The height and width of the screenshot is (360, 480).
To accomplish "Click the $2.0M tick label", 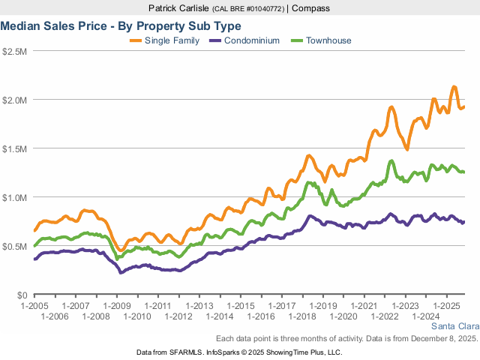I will click(x=15, y=100).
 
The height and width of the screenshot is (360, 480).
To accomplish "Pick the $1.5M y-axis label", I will click(x=15, y=148).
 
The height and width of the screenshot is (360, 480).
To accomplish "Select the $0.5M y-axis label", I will click(x=15, y=246).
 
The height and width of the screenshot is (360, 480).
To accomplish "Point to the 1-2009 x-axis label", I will click(x=116, y=306).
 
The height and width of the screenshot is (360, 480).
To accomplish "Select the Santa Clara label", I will click(x=454, y=326).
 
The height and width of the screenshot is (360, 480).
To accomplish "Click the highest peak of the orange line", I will click(x=454, y=87).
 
